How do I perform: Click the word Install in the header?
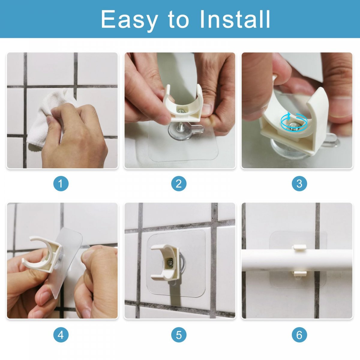click(235, 19)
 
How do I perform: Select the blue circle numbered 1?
click(61, 184)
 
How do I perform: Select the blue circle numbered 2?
click(179, 184)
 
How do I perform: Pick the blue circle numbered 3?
click(299, 184)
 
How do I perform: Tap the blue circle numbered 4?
click(61, 334)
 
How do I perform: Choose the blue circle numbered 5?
click(179, 334)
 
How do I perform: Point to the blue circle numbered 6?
click(299, 334)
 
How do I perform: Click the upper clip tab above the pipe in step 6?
click(299, 247)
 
